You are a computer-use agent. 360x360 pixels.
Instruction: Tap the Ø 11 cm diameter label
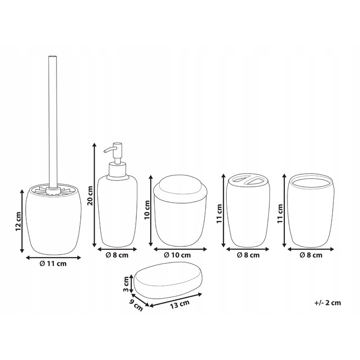pyautogui.click(x=53, y=263)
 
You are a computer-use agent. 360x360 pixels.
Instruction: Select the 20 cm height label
pyautogui.click(x=90, y=195)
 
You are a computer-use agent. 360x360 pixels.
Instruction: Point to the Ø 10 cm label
pyautogui.click(x=177, y=255)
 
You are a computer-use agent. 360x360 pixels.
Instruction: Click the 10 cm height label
pyautogui.click(x=147, y=210)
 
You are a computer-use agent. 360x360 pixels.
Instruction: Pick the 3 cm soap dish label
pyautogui.click(x=125, y=284)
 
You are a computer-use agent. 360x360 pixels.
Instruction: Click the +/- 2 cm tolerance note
pyautogui.click(x=328, y=303)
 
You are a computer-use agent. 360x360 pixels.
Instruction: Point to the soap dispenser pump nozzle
pyautogui.click(x=109, y=150)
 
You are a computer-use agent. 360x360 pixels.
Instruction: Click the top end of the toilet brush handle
pyautogui.click(x=52, y=56)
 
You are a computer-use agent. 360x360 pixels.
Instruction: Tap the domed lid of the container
pyautogui.click(x=180, y=186)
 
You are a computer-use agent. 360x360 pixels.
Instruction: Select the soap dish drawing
pyautogui.click(x=168, y=280)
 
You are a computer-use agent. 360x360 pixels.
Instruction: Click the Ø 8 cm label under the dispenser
pyautogui.click(x=117, y=255)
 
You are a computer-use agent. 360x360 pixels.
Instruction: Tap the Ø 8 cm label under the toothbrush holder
pyautogui.click(x=248, y=255)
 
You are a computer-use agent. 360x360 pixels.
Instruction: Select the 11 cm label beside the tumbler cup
pyautogui.click(x=280, y=213)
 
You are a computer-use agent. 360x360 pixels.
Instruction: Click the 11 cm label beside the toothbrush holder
pyautogui.click(x=219, y=213)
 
